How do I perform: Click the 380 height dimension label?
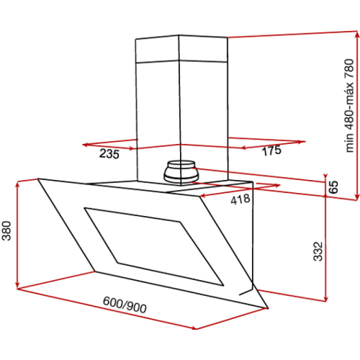(7, 230)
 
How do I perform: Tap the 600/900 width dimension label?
(124, 304)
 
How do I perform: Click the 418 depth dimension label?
(240, 200)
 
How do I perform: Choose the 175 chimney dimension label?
(271, 150)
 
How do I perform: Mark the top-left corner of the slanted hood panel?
(38, 179)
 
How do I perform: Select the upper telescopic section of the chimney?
(180, 50)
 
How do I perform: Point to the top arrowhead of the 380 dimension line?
(18, 184)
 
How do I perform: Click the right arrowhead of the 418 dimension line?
(278, 186)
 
